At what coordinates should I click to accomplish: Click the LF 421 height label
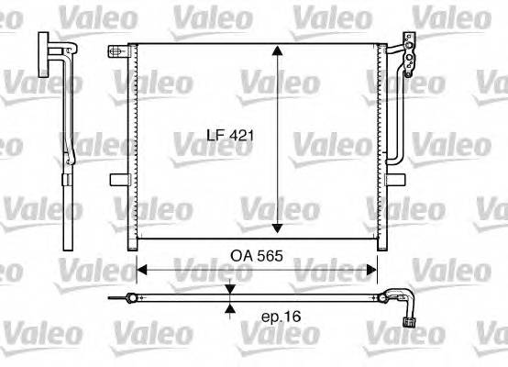[x=228, y=136]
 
